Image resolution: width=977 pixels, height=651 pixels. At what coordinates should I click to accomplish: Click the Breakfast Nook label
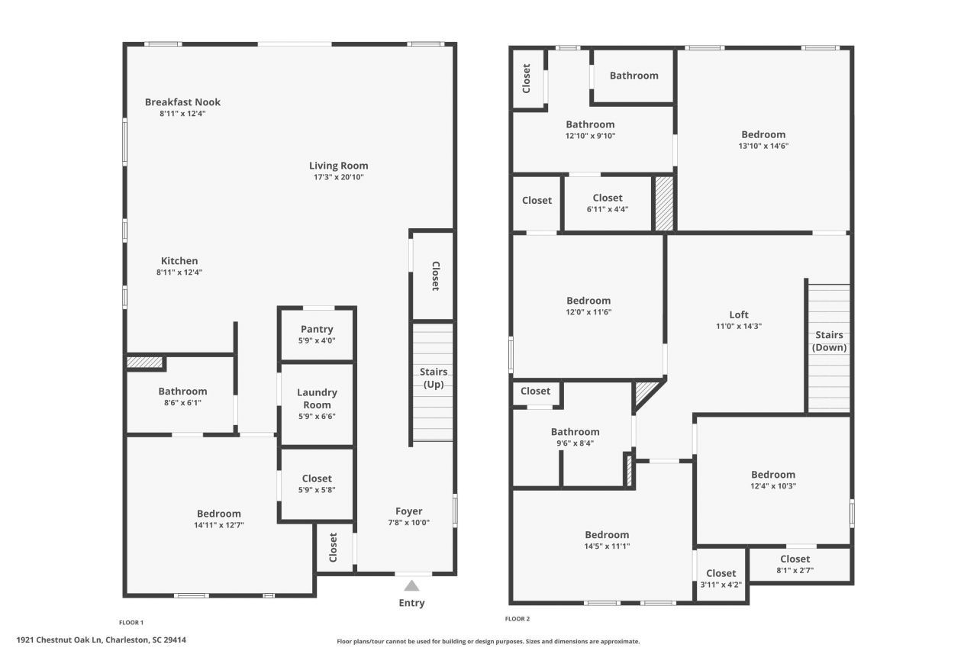[182, 102]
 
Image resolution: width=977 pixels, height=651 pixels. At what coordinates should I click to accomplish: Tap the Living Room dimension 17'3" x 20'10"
[338, 177]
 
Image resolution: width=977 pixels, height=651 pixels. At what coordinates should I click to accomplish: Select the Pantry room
[317, 334]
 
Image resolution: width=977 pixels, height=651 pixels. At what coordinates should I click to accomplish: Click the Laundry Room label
[317, 398]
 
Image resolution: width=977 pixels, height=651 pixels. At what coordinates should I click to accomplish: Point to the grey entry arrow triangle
[411, 585]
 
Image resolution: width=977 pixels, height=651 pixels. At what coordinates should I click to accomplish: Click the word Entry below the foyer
[411, 603]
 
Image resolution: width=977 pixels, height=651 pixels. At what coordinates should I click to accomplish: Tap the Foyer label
[408, 511]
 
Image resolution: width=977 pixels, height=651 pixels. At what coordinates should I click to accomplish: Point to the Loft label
[739, 314]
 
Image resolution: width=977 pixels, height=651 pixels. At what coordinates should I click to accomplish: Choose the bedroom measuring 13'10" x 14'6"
[763, 140]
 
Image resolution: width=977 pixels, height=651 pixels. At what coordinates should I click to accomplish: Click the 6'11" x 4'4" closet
[607, 202]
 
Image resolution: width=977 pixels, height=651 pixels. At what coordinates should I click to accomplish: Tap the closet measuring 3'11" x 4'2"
[721, 578]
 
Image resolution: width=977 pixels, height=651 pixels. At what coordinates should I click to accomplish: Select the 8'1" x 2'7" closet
[795, 564]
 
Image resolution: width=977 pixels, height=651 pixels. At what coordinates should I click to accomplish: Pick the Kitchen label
[179, 261]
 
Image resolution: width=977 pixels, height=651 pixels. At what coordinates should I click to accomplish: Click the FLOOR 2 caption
[517, 619]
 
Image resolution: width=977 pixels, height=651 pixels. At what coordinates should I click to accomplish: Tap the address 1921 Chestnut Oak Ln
[101, 640]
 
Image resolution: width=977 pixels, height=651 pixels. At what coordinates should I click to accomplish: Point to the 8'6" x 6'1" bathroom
[182, 396]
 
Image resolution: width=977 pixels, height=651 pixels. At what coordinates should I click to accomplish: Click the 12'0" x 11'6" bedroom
[588, 305]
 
